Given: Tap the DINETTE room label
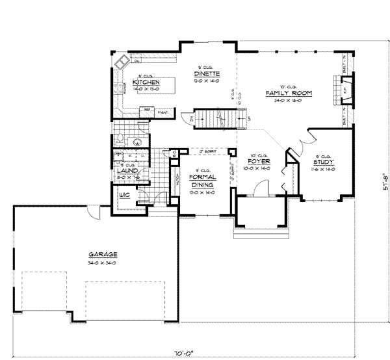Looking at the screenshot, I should (206, 73).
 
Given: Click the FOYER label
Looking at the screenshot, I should (259, 162).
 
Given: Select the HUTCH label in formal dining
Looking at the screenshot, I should (177, 183).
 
